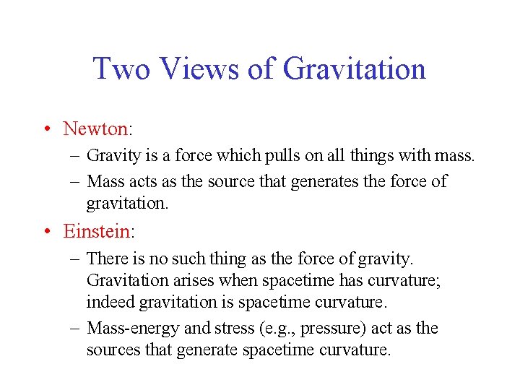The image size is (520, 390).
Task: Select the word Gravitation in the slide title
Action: pyautogui.click(x=354, y=69)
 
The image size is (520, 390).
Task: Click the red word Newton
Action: pyautogui.click(x=95, y=129)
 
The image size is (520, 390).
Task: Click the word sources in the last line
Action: pyautogui.click(x=110, y=350)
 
